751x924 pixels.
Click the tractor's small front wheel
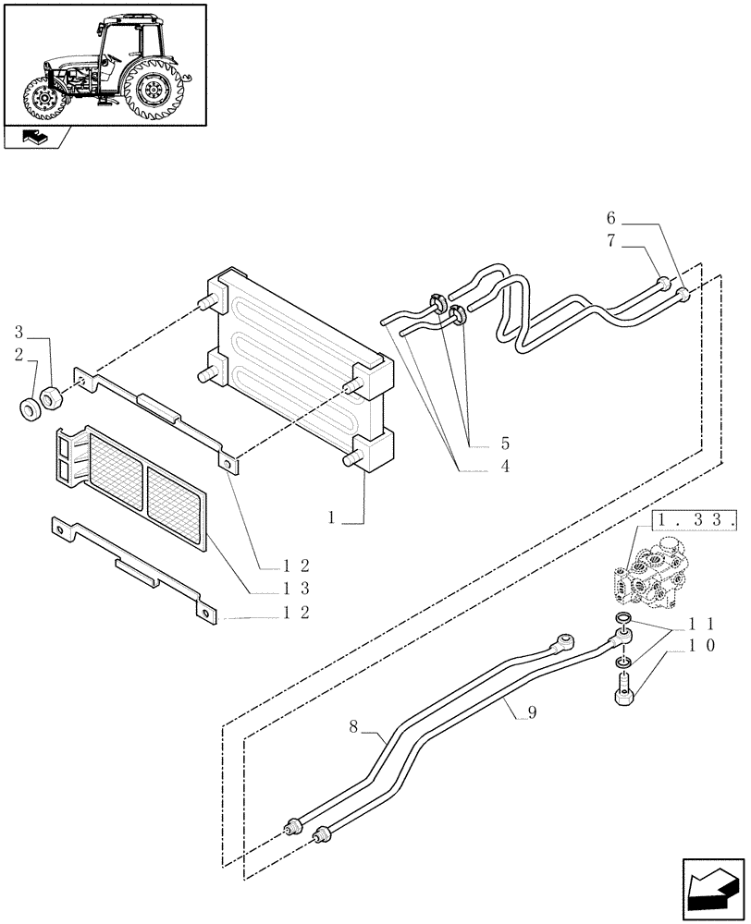point(43,100)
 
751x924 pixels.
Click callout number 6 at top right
point(610,219)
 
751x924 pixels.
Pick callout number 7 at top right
point(610,242)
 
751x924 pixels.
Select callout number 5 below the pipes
point(505,444)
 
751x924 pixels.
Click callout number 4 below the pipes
point(505,467)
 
